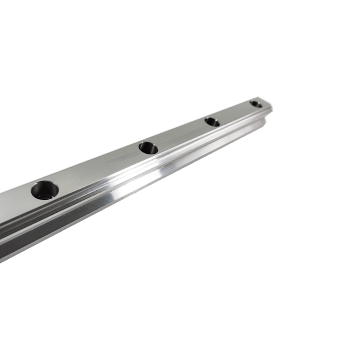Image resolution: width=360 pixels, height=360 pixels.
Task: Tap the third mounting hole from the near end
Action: pos(212,121)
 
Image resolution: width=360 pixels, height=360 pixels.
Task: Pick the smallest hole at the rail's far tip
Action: pos(256,104)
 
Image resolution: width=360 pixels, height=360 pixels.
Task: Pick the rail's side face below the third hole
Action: pos(220,139)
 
